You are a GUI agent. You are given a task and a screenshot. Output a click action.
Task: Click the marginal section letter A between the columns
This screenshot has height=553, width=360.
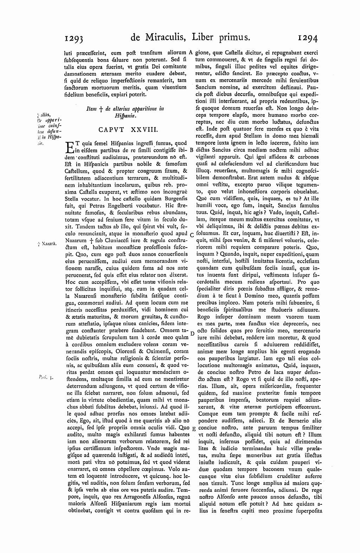190,52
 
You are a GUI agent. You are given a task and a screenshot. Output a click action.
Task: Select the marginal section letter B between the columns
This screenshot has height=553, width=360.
191,150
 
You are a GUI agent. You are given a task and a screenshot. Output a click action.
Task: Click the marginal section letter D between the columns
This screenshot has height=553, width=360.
192,333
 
